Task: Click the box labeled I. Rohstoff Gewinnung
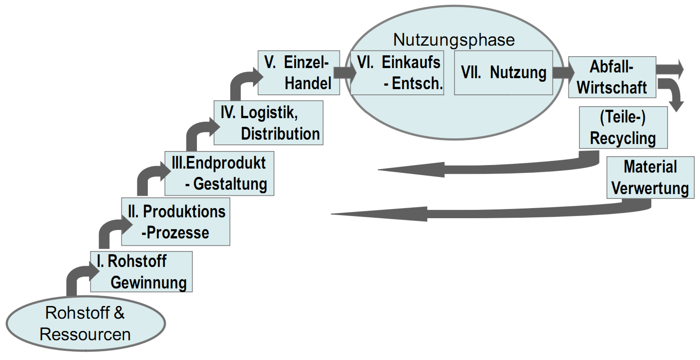(x=141, y=271)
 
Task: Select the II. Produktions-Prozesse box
(x=175, y=222)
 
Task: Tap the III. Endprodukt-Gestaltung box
(x=219, y=173)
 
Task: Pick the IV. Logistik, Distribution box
(x=268, y=123)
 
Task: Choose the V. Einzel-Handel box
(x=299, y=73)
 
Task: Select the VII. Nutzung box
(x=503, y=73)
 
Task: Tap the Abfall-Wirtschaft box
(x=612, y=77)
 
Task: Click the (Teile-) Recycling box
(x=623, y=127)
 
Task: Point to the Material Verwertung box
(x=650, y=177)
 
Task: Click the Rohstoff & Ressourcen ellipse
(x=86, y=323)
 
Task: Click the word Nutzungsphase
(x=454, y=40)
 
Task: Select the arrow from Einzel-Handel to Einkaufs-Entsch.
(x=345, y=73)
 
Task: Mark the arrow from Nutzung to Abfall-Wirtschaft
(x=563, y=73)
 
